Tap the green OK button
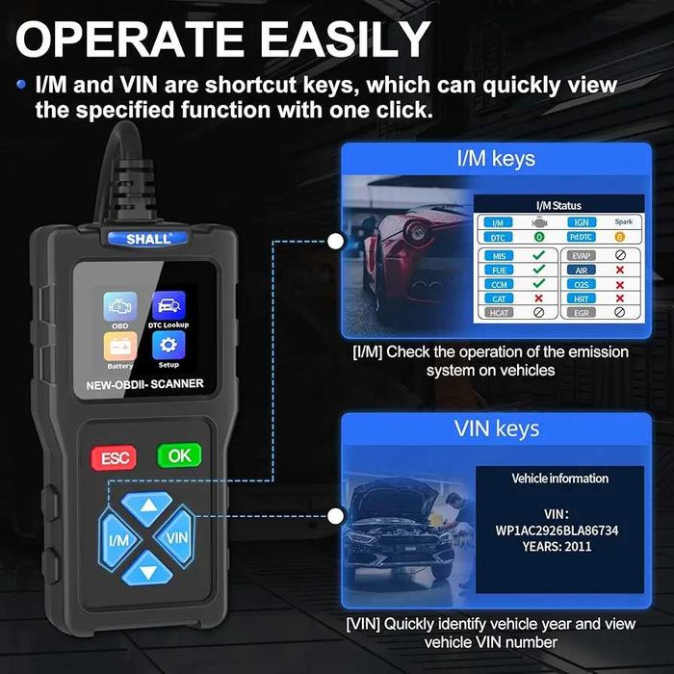(180, 455)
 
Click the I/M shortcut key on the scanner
(118, 538)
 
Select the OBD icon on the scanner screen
(120, 307)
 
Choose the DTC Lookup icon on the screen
(168, 307)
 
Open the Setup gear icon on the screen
(168, 347)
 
